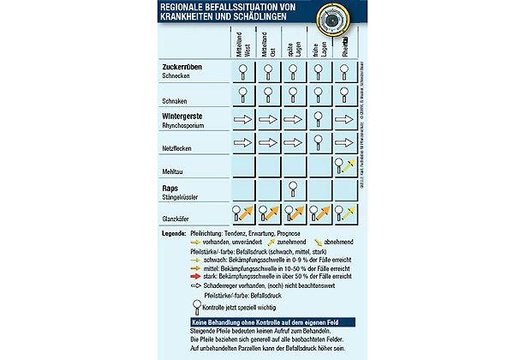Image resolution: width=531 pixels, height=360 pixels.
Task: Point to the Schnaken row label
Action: pyautogui.click(x=176, y=99)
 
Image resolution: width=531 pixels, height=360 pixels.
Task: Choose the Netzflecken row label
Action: pyautogui.click(x=180, y=147)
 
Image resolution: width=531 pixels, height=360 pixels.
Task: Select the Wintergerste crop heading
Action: pyautogui.click(x=188, y=115)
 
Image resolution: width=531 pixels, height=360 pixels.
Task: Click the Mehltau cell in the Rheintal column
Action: pyautogui.click(x=344, y=165)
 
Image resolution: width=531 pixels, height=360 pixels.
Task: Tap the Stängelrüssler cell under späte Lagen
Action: pyautogui.click(x=293, y=189)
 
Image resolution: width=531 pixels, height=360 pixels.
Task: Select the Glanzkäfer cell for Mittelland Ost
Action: pyautogui.click(x=268, y=213)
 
